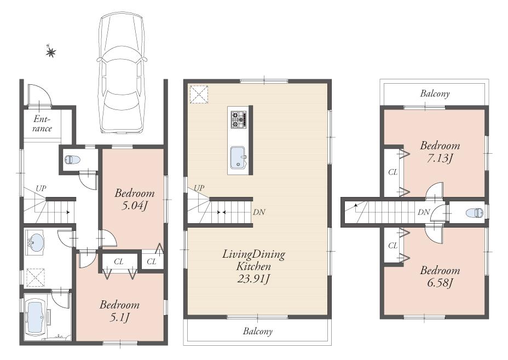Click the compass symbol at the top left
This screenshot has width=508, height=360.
click(50, 52)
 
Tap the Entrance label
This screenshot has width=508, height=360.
click(42, 124)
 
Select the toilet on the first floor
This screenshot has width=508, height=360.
click(71, 160)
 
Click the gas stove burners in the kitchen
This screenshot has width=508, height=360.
click(239, 119)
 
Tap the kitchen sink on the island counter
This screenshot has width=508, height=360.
click(239, 158)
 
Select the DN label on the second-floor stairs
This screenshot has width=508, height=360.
click(259, 212)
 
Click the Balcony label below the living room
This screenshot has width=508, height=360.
click(258, 331)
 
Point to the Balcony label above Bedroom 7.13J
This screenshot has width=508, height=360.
click(435, 94)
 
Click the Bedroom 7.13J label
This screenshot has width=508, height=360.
click(440, 152)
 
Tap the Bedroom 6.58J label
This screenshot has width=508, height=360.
click(440, 276)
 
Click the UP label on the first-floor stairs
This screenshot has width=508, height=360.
click(41, 188)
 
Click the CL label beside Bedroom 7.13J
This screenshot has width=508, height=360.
click(392, 172)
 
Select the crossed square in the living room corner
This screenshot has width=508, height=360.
click(199, 94)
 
